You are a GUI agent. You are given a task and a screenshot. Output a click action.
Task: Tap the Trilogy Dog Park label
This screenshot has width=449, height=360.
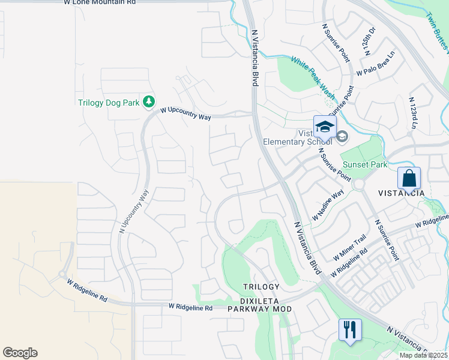[109, 103]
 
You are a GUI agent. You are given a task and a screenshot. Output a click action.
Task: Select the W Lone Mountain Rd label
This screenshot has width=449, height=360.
[99, 2]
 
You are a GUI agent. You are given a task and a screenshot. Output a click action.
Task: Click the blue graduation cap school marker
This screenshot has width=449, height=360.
[325, 128]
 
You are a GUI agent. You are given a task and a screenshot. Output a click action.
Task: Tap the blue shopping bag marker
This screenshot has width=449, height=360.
[409, 178]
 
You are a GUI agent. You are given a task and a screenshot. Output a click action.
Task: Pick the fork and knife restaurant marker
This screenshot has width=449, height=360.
[349, 329]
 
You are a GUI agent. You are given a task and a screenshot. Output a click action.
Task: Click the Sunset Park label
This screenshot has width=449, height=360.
[365, 164]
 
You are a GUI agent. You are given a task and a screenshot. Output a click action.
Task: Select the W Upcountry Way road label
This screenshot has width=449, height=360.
[185, 113]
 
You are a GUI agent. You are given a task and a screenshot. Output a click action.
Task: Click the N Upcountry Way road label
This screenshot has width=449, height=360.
[134, 211]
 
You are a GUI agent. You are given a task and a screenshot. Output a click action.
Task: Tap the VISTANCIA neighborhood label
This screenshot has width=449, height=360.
[401, 193]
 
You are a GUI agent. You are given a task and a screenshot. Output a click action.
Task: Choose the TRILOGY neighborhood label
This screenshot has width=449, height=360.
[262, 287]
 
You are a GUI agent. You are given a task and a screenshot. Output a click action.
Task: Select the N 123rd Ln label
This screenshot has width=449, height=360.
[413, 113]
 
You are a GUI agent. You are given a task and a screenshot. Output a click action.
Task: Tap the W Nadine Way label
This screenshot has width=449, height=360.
[327, 205]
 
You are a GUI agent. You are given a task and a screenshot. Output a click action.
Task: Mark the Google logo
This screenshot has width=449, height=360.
[20, 353]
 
